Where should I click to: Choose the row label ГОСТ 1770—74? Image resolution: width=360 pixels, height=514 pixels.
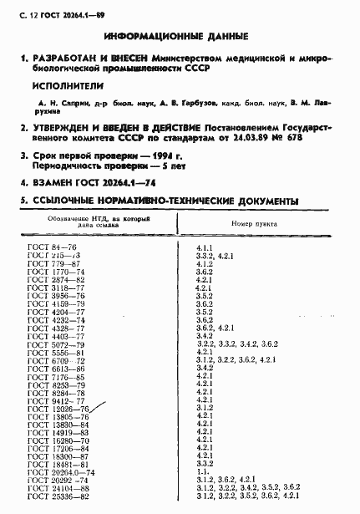54,272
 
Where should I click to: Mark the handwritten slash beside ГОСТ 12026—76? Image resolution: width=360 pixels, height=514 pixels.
99,407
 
